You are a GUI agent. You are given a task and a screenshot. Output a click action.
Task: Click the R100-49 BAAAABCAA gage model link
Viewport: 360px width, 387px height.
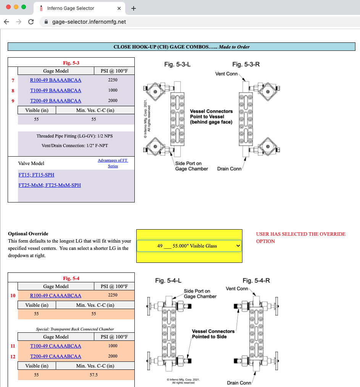point(55,80)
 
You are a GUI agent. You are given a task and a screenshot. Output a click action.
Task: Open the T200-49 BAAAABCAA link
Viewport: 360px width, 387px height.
point(55,101)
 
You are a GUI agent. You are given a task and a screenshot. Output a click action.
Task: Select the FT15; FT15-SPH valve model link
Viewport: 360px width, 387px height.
point(36,175)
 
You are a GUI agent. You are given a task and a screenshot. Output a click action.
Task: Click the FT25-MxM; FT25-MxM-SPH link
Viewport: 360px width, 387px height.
point(50,185)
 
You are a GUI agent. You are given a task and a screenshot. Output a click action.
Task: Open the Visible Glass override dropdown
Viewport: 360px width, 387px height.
point(189,246)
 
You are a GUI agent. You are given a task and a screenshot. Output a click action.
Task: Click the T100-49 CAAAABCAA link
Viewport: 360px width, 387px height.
point(55,346)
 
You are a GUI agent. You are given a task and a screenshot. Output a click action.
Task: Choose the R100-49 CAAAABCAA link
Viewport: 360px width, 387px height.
point(55,295)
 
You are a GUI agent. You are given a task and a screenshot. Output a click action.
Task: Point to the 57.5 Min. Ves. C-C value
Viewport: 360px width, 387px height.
point(94,375)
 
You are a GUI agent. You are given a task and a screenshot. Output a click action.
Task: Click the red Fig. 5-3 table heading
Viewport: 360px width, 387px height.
point(71,63)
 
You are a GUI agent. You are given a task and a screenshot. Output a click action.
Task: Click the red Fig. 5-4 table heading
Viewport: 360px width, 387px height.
point(71,279)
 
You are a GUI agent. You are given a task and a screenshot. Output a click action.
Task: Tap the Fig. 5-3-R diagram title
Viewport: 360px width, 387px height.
point(246,65)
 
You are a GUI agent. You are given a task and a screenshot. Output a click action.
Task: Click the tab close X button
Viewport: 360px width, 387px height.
point(119,8)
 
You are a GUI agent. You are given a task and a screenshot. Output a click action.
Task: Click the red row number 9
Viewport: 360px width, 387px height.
point(13,101)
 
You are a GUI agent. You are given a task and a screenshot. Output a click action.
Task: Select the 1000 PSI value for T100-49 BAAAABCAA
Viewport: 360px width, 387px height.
point(113,91)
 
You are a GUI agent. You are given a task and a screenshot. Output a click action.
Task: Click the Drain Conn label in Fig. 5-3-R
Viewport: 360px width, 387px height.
point(229,168)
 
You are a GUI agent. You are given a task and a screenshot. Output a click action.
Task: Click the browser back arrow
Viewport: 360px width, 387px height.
point(6,22)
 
